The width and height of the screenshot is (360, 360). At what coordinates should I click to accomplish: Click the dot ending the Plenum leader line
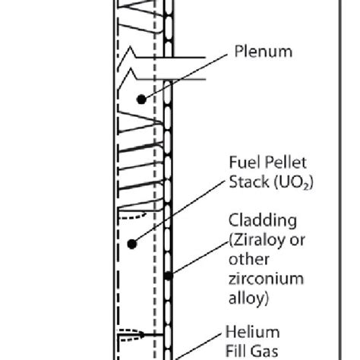[x=141, y=99]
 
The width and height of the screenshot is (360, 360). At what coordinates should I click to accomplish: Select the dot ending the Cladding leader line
[x=169, y=274]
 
